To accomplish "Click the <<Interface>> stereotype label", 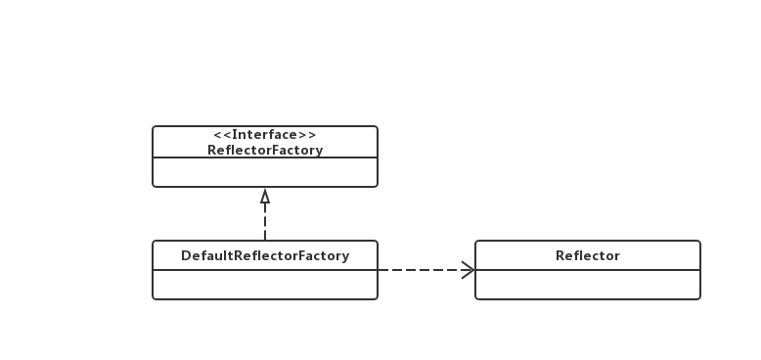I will click(x=265, y=135).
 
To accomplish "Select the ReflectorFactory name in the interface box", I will click(x=265, y=150).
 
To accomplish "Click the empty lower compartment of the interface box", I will click(x=265, y=171).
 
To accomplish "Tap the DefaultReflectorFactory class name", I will click(x=265, y=255).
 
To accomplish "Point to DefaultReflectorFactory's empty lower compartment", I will click(x=265, y=284).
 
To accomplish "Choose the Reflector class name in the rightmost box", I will click(x=588, y=255).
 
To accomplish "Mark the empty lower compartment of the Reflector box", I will click(x=588, y=284).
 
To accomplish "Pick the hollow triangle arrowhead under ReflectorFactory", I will click(x=265, y=196).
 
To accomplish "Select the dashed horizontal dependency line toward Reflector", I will click(x=421, y=269).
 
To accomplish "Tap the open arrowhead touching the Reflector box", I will click(x=468, y=269).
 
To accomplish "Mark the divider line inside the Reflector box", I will click(x=588, y=270).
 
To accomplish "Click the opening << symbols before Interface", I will click(x=221, y=135).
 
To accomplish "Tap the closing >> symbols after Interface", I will click(x=309, y=135).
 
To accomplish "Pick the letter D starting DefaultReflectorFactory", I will click(x=186, y=255).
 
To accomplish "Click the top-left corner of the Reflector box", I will click(x=476, y=242).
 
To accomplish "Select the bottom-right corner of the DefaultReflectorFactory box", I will click(x=377, y=297).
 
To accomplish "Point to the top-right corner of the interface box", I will click(x=377, y=127).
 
